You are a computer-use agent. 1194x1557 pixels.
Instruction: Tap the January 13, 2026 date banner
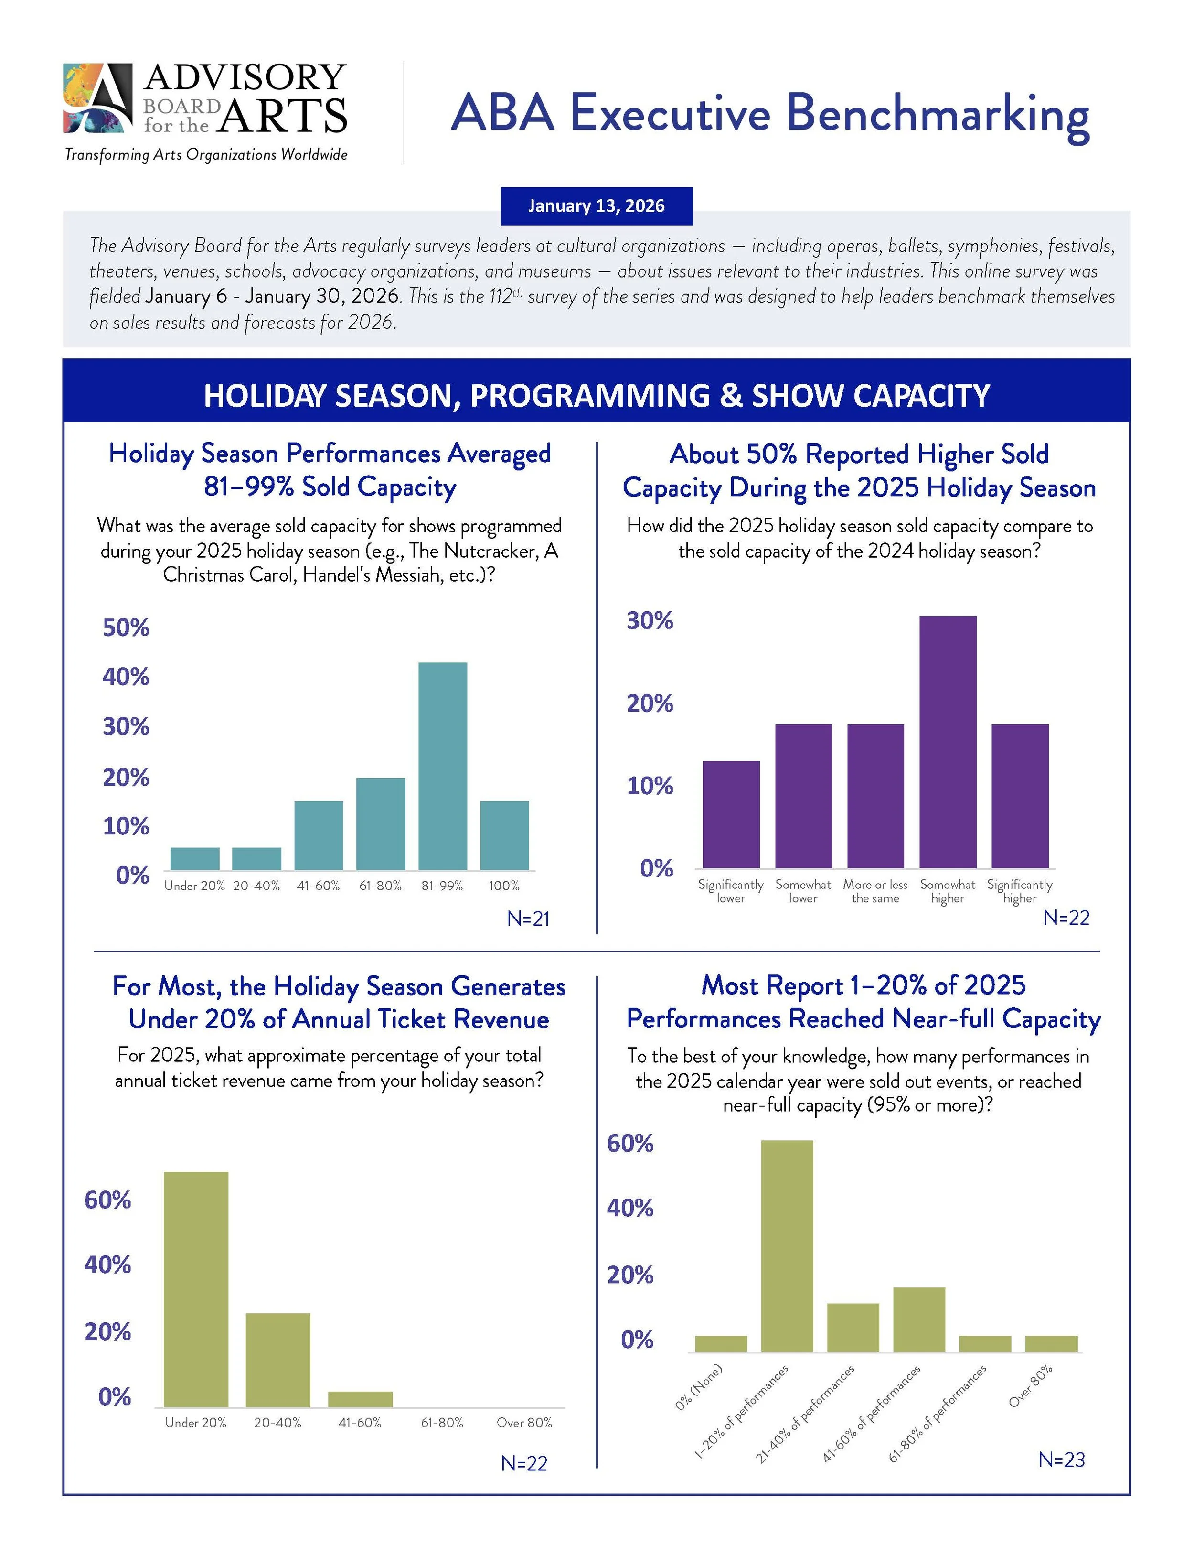[597, 206]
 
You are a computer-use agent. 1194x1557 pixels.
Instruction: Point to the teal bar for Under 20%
[195, 858]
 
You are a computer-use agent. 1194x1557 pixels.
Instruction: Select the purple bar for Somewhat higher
[948, 742]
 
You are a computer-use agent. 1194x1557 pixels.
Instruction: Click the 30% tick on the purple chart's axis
[650, 621]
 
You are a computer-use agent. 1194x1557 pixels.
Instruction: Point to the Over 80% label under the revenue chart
[524, 1423]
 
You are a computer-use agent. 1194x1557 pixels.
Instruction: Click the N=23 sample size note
[1061, 1460]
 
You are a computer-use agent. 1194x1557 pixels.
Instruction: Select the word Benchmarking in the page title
[938, 114]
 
